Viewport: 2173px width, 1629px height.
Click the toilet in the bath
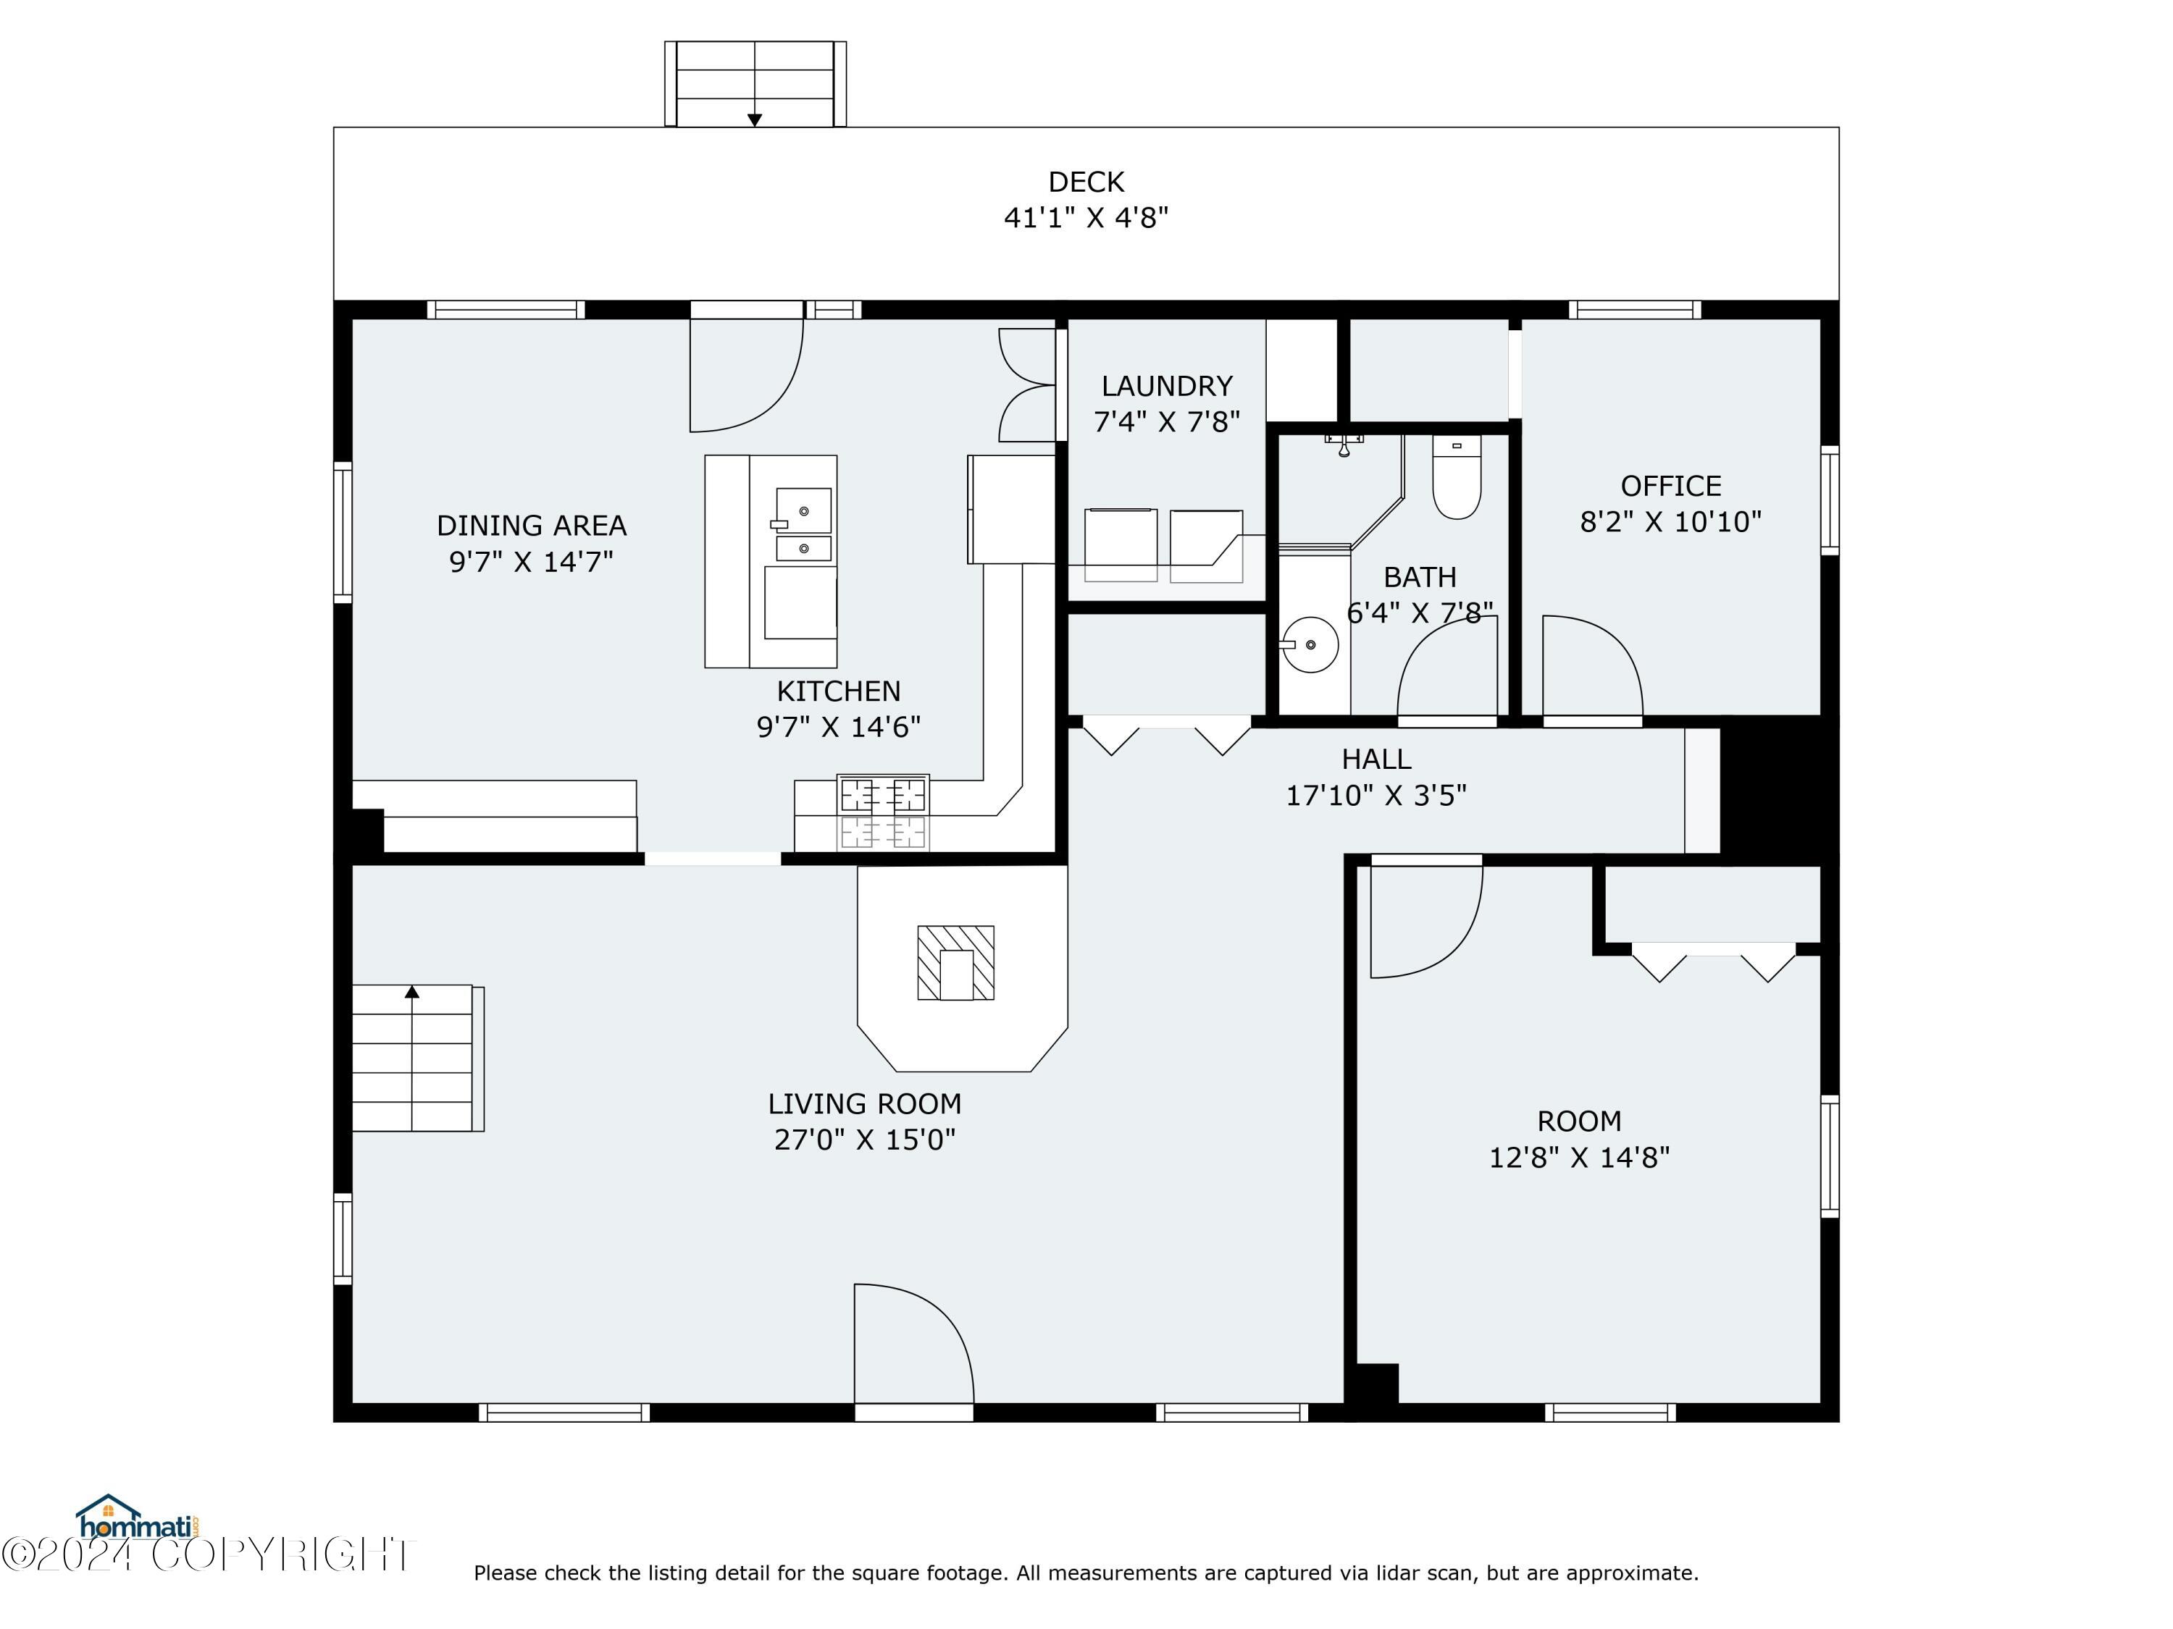coord(1456,476)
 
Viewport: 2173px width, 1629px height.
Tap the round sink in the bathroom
coord(1310,645)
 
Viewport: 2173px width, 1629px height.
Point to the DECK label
coord(1086,182)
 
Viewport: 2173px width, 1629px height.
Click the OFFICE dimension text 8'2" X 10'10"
coord(1670,521)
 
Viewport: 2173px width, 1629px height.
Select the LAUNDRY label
coord(1166,386)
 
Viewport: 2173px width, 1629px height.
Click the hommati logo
coord(138,1517)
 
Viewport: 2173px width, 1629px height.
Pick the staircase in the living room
coord(417,1058)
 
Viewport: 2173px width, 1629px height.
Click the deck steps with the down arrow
coord(755,83)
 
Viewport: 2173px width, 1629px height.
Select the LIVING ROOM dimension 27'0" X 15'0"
coord(864,1139)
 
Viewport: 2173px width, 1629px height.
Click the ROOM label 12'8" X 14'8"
coord(1578,1139)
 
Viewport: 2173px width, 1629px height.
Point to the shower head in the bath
coord(1343,444)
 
